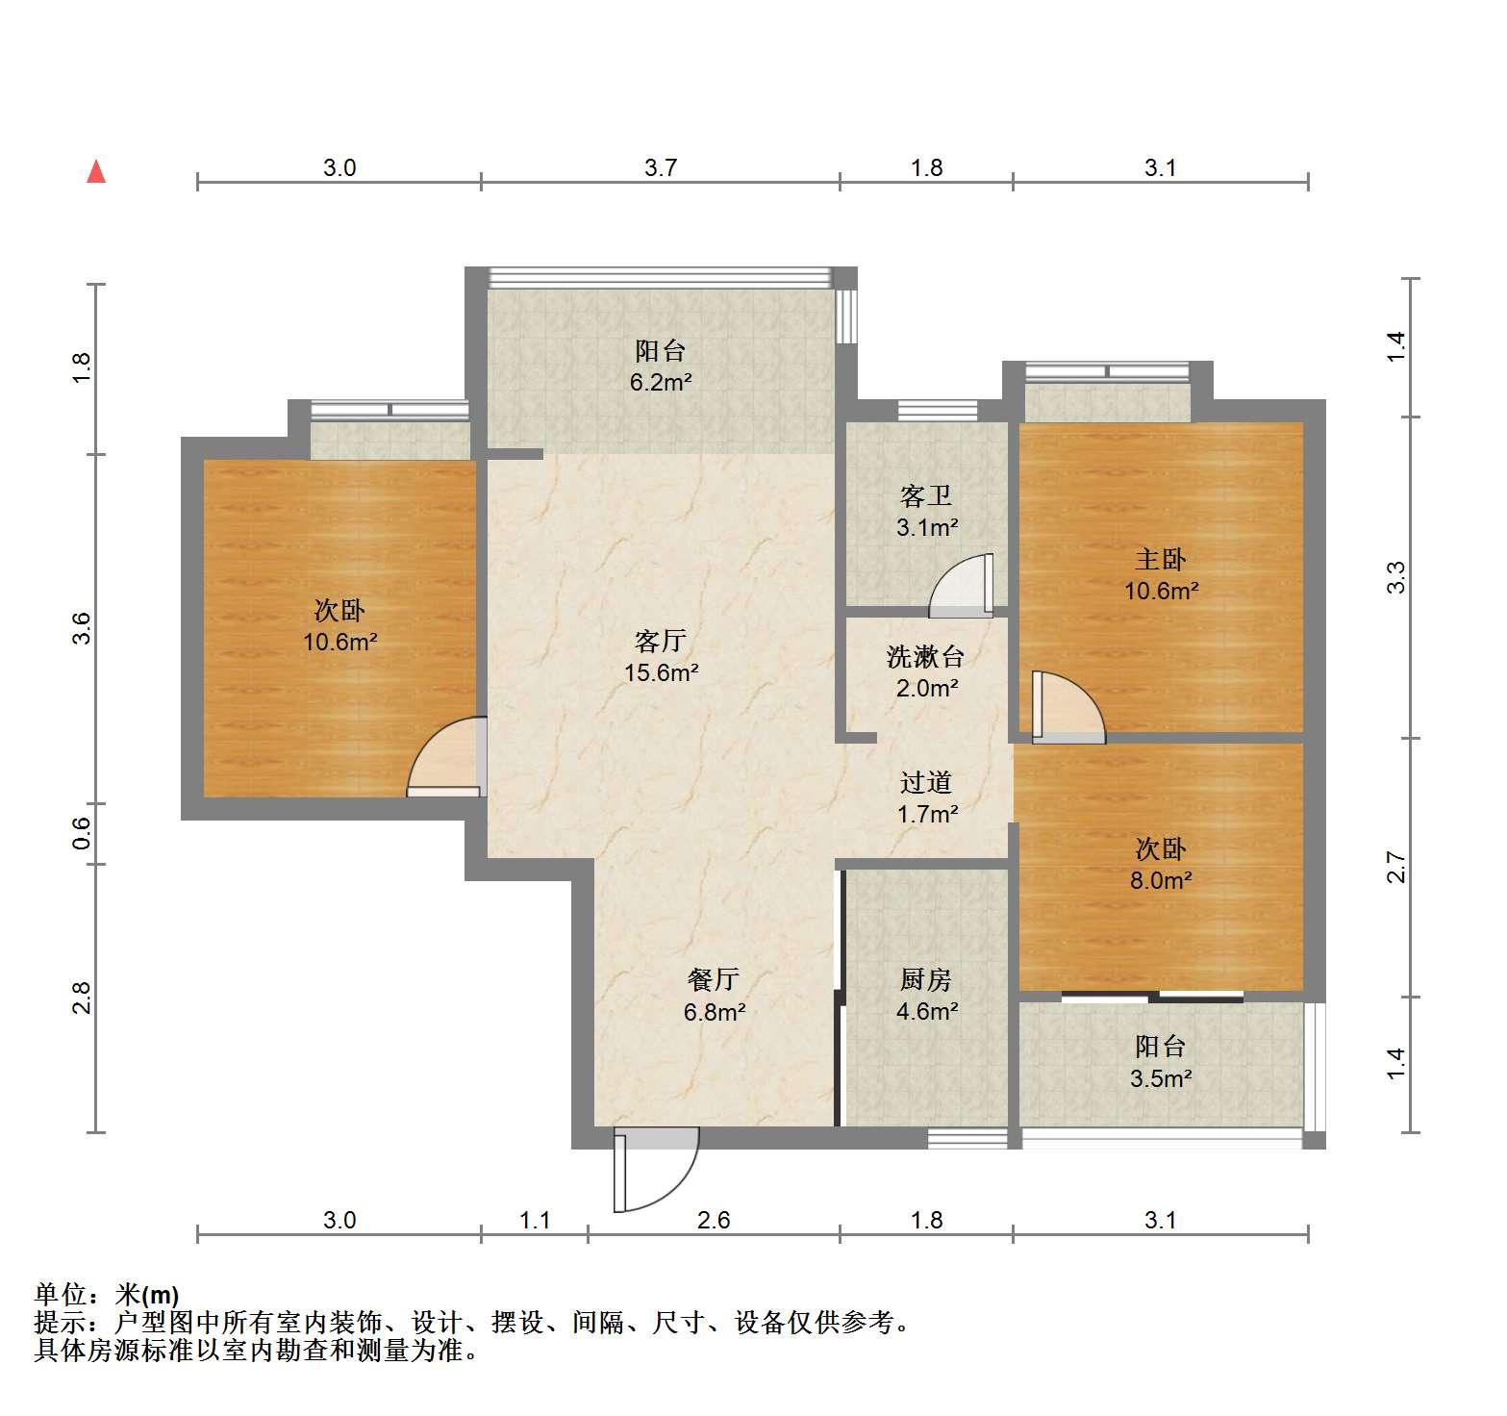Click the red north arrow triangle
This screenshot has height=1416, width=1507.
[96, 171]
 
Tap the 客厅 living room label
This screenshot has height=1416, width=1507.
[661, 640]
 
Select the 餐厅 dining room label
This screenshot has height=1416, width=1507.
[714, 979]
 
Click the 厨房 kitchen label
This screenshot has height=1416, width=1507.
[926, 979]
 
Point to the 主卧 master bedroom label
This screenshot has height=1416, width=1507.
[1161, 559]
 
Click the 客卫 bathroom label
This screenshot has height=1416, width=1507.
[926, 496]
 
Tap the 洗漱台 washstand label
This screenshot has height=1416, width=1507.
[925, 657]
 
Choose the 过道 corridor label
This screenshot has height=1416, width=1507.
[926, 783]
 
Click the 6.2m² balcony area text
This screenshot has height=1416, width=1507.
[661, 383]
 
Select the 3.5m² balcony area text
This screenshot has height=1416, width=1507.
[1161, 1078]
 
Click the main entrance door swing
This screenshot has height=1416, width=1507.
[656, 1170]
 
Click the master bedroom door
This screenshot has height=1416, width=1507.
[1068, 707]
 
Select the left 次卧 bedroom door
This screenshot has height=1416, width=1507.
[444, 757]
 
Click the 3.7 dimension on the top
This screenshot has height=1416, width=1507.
[661, 168]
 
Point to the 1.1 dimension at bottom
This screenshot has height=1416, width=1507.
[535, 1221]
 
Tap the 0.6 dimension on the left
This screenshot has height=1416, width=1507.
[82, 833]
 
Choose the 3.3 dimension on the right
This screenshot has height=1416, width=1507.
[1396, 577]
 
